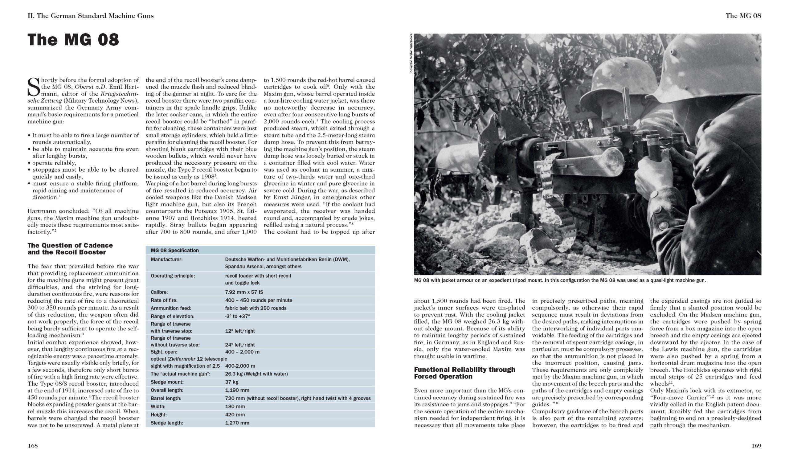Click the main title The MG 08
(73, 40)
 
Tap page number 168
(33, 446)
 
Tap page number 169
(756, 446)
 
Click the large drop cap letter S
(34, 87)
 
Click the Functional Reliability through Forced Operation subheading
(464, 373)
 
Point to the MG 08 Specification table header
(174, 250)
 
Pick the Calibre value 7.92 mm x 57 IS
(244, 292)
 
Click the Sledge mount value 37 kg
(232, 382)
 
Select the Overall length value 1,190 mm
(237, 390)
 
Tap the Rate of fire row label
(164, 300)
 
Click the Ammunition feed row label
(171, 308)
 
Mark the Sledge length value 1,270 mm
(237, 423)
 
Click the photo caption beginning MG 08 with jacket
(559, 280)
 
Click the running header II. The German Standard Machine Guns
(90, 16)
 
